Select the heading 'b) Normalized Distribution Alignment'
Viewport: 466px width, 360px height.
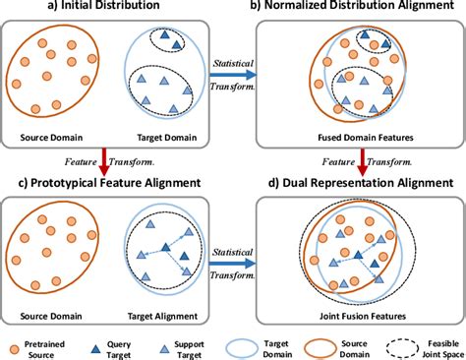351,10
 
